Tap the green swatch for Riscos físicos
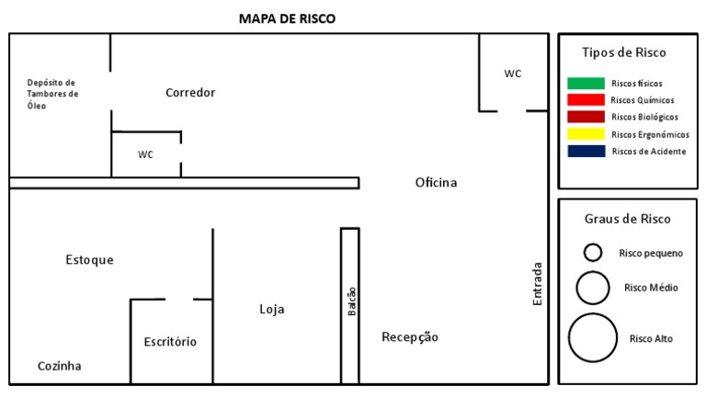pyautogui.click(x=586, y=84)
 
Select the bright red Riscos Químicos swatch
pyautogui.click(x=586, y=100)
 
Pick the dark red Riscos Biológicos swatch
pyautogui.click(x=586, y=117)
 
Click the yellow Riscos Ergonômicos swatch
pyautogui.click(x=586, y=134)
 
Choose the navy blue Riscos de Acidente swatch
pyautogui.click(x=586, y=151)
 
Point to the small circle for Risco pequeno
pyautogui.click(x=593, y=252)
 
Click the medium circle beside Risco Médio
pyautogui.click(x=593, y=288)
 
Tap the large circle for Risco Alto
pyautogui.click(x=593, y=336)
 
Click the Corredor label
pyautogui.click(x=190, y=93)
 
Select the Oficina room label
pyautogui.click(x=436, y=183)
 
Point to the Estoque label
pyautogui.click(x=90, y=260)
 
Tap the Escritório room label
pyautogui.click(x=170, y=342)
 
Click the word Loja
pyautogui.click(x=272, y=310)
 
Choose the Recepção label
pyautogui.click(x=410, y=337)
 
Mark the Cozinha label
pyautogui.click(x=60, y=366)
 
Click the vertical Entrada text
pyautogui.click(x=538, y=285)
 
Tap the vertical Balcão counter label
pyautogui.click(x=351, y=302)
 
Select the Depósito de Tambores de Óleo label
pyautogui.click(x=52, y=94)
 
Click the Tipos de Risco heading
pyautogui.click(x=625, y=53)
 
